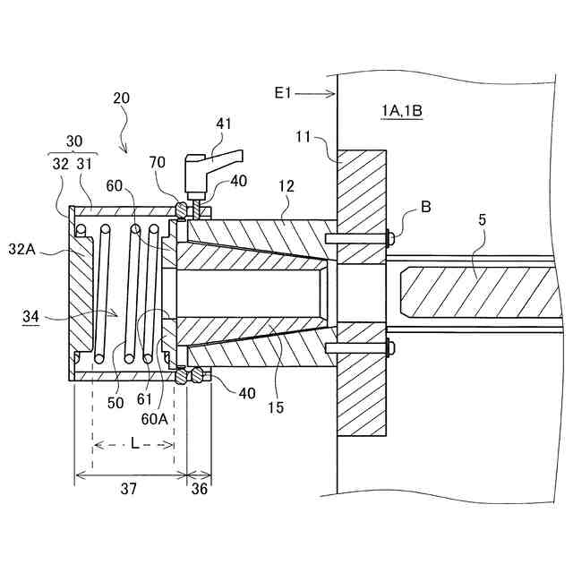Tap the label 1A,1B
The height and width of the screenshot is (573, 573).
point(400,110)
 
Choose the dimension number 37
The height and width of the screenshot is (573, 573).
point(129,488)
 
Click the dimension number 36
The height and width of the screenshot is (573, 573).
point(199,488)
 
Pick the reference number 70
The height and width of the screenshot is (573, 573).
point(158,163)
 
